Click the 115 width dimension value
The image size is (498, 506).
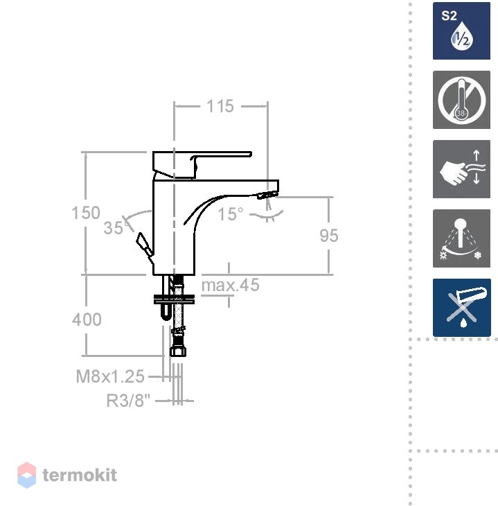pyautogui.click(x=220, y=106)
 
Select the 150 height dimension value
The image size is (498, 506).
pyautogui.click(x=86, y=213)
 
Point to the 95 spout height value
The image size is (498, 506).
pyautogui.click(x=329, y=236)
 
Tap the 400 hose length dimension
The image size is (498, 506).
pyautogui.click(x=87, y=320)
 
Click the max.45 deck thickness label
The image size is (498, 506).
pyautogui.click(x=230, y=286)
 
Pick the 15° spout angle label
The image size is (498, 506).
pyautogui.click(x=230, y=214)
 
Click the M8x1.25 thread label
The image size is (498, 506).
pyautogui.click(x=110, y=376)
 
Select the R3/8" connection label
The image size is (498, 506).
pyautogui.click(x=128, y=401)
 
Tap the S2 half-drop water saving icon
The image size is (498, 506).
pyautogui.click(x=461, y=30)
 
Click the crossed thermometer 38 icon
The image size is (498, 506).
pyautogui.click(x=461, y=100)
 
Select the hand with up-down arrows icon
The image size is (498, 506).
pyautogui.click(x=461, y=169)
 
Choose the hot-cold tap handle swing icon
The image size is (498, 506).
pyautogui.click(x=461, y=238)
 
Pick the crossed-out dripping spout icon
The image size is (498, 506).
pyautogui.click(x=462, y=308)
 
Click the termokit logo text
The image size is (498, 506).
pyautogui.click(x=80, y=475)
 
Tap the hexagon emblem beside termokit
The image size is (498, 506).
pyautogui.click(x=27, y=475)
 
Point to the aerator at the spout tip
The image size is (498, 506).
pyautogui.click(x=267, y=195)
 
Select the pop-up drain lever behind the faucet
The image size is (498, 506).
pyautogui.click(x=144, y=245)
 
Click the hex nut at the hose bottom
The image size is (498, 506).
pyautogui.click(x=178, y=351)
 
